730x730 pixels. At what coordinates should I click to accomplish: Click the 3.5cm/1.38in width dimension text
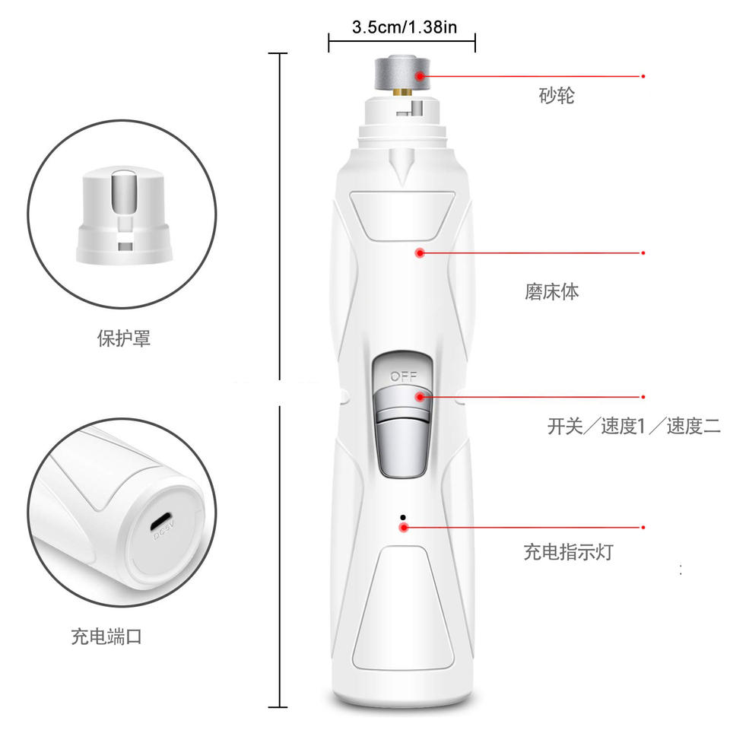click(404, 27)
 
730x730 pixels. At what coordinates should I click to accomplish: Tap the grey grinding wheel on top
click(401, 72)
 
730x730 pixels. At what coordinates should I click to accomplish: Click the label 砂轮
click(557, 96)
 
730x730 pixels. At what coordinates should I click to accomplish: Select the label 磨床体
click(552, 292)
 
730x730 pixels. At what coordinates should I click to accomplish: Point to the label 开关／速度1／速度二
click(633, 426)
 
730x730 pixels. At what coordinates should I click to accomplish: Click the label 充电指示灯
click(569, 552)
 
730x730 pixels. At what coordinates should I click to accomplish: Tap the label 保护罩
click(124, 338)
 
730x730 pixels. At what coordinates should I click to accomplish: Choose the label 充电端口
click(106, 636)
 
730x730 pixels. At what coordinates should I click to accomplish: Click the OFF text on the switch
click(403, 376)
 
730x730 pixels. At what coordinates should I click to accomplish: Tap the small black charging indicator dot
click(403, 517)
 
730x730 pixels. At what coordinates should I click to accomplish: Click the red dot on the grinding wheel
click(420, 75)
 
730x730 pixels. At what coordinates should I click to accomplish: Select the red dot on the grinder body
click(420, 252)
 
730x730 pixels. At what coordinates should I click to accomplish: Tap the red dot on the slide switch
click(420, 397)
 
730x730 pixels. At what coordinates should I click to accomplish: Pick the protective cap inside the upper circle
click(124, 215)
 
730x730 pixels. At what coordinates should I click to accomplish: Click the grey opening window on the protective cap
click(124, 191)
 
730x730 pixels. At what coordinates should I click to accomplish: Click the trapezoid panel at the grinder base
click(403, 608)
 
